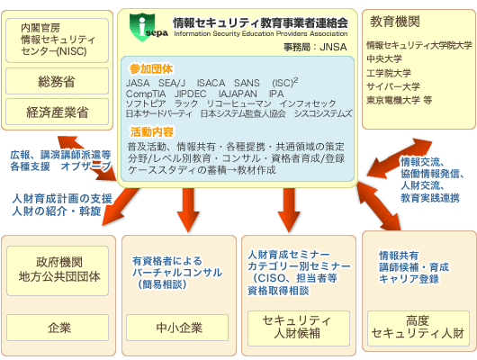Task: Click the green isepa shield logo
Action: [142, 27]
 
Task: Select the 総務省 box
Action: [58, 81]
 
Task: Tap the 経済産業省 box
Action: [58, 112]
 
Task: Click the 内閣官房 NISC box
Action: [58, 40]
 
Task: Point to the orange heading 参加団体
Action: [151, 69]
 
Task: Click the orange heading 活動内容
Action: [152, 131]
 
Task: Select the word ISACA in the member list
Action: [211, 83]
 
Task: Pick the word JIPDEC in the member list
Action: [191, 94]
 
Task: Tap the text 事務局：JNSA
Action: [315, 47]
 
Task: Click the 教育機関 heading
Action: [395, 22]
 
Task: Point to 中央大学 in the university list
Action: [384, 58]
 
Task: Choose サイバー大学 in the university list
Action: [393, 86]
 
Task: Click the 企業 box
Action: [58, 328]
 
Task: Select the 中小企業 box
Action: [177, 328]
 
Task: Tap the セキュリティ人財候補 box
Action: [299, 328]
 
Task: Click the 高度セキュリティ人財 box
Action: [418, 328]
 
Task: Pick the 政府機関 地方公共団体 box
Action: [58, 271]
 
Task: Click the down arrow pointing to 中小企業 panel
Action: [188, 210]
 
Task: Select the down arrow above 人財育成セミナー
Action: [289, 210]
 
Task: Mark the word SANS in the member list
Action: [247, 83]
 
